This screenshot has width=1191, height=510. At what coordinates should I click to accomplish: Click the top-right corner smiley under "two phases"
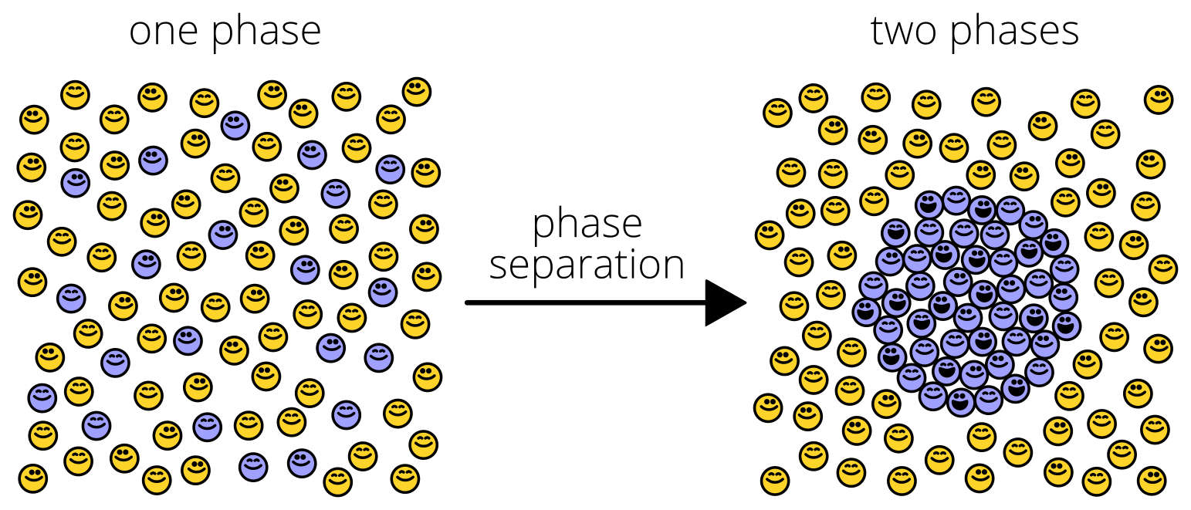pyautogui.click(x=1158, y=100)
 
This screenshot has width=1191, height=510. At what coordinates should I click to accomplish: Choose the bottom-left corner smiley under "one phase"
pyautogui.click(x=33, y=478)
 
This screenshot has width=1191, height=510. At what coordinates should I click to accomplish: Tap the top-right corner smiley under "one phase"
pyautogui.click(x=416, y=91)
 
